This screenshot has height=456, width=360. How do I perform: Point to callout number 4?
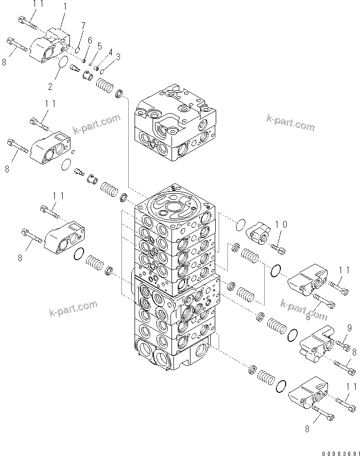coord(110,51)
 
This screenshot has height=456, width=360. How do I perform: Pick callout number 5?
coord(100,46)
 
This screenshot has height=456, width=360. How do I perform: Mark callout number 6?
coord(90,41)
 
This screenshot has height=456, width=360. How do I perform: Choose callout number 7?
coord(83,25)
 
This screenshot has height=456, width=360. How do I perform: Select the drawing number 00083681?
coord(341,451)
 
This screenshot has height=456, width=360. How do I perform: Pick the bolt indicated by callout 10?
coord(280,249)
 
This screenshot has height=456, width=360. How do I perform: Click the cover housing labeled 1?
coord(50,45)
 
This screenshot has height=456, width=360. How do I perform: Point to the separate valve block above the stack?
coord(175,124)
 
